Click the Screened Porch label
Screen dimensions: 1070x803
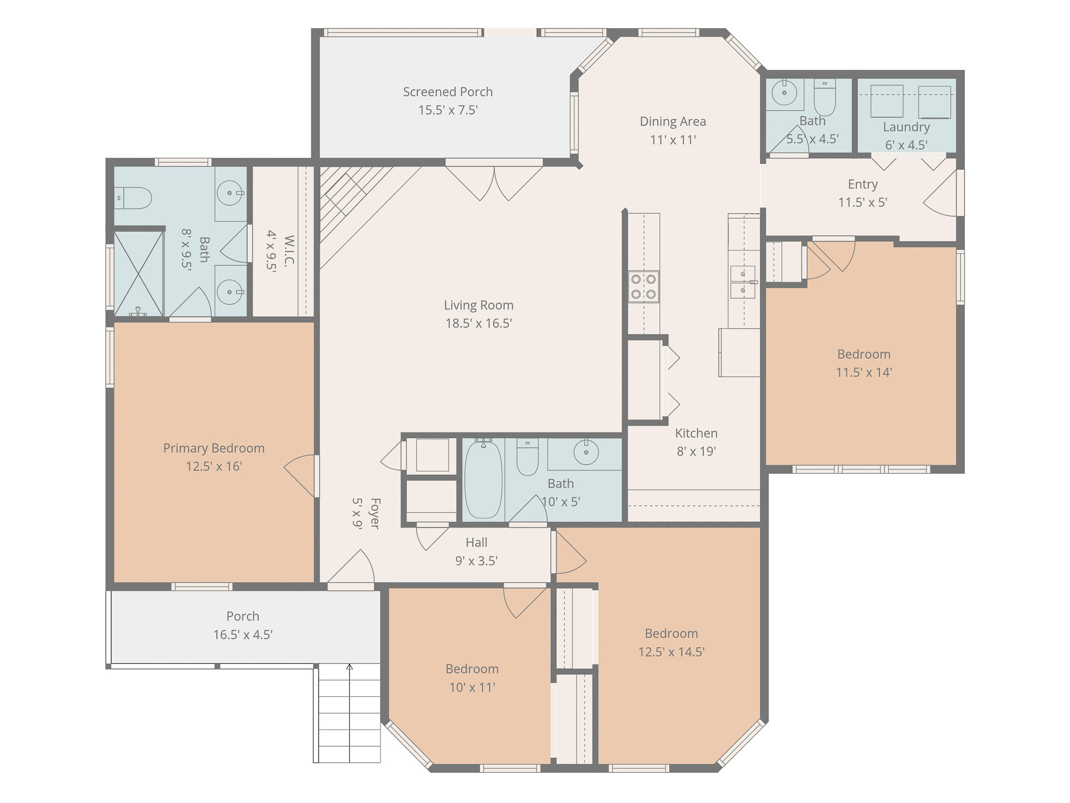tap(448, 92)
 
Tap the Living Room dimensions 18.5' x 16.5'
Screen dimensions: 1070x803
tap(479, 323)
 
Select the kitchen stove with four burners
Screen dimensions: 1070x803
tap(644, 286)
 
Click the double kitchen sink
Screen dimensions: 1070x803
tap(743, 282)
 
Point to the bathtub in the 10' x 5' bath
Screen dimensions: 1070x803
tap(484, 479)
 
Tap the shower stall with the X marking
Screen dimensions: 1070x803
tap(138, 273)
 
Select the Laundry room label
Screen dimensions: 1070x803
tap(906, 127)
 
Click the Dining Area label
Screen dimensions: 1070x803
tap(673, 122)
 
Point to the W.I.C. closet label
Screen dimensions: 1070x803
tap(289, 251)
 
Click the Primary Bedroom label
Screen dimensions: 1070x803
tap(214, 448)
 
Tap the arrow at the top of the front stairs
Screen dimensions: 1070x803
tap(350, 667)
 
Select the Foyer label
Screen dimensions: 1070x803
tap(375, 513)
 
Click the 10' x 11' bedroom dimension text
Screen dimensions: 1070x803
tap(472, 687)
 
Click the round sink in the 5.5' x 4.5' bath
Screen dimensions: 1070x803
tap(784, 93)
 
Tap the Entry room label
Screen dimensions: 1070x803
tap(863, 185)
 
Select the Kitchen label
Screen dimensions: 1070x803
tap(696, 433)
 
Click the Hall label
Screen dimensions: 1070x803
tap(476, 543)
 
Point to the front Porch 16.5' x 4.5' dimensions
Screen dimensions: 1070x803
tap(243, 635)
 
